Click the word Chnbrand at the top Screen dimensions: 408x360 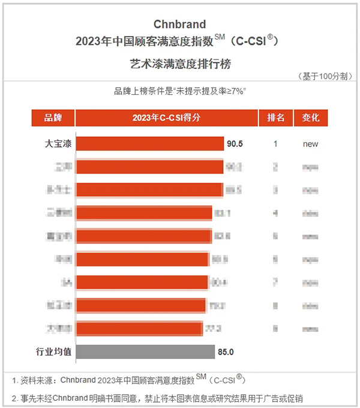click(179, 25)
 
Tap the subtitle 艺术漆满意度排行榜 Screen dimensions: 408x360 click(179, 62)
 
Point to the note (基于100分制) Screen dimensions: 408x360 click(322, 76)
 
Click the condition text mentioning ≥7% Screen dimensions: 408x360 click(181, 91)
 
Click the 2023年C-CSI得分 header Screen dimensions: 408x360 click(166, 118)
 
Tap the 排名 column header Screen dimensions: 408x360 click(275, 118)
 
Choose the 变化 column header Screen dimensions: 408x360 click(311, 118)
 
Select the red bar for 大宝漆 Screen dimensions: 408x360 click(150, 144)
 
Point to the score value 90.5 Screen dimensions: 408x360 click(234, 144)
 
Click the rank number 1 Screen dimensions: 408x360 click(275, 144)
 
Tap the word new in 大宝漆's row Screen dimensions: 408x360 click(310, 144)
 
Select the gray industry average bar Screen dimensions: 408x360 click(145, 352)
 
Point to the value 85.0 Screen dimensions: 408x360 click(226, 352)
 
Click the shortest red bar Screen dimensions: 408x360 click(139, 328)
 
